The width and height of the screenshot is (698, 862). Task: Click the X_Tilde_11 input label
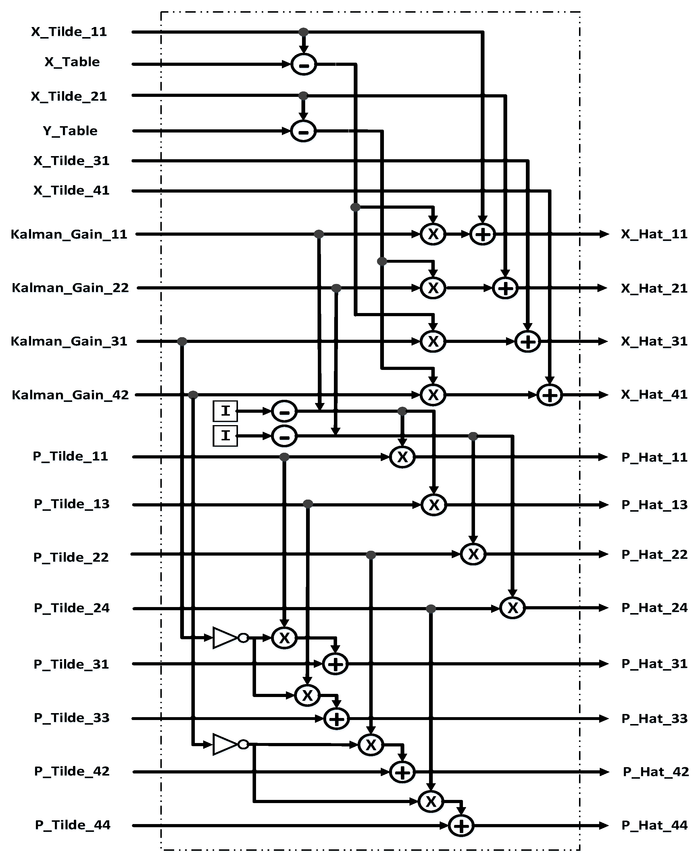[69, 32]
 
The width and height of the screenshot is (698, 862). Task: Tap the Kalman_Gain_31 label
[69, 341]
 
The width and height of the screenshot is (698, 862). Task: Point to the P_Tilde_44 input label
[72, 825]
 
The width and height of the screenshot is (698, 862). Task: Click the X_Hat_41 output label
[654, 395]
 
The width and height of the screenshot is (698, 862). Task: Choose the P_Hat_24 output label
[654, 608]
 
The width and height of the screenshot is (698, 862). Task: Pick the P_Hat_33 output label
[654, 718]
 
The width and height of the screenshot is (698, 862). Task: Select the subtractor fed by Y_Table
[303, 131]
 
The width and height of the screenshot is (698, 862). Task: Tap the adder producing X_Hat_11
[482, 234]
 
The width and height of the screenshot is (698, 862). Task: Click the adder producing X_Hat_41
[550, 395]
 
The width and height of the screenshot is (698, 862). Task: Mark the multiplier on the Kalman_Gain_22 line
[433, 288]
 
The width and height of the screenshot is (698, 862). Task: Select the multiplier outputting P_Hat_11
[402, 457]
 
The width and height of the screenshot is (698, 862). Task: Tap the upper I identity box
[225, 411]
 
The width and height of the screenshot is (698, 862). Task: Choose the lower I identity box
[225, 436]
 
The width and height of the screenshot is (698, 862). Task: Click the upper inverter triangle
[225, 638]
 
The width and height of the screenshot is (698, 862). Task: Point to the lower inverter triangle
[225, 744]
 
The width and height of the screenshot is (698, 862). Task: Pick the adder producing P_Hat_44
[461, 825]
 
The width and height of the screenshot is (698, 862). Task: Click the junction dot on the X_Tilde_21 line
[303, 96]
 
